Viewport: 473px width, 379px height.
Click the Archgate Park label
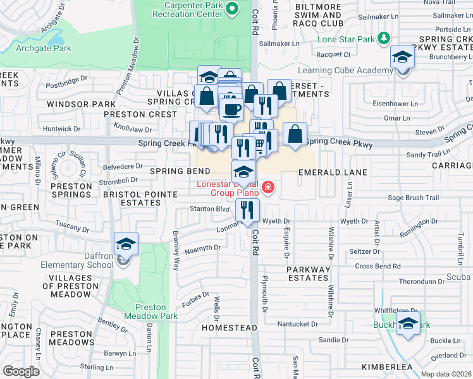pos(44,49)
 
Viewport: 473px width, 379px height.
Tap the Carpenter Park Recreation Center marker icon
pos(232,9)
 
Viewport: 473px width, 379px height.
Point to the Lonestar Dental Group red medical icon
pos(268,188)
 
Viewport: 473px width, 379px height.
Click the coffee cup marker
pos(232,108)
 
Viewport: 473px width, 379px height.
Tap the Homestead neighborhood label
pos(229,328)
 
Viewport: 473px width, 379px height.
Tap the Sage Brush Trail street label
pos(413,198)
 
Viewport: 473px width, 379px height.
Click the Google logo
pos(21,371)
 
